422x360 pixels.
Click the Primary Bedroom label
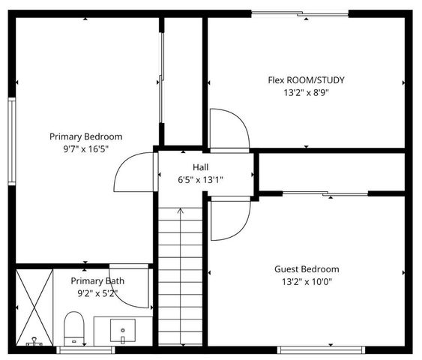(85, 136)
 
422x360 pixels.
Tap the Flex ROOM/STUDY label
(306, 80)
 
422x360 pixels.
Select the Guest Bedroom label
(307, 269)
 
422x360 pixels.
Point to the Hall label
(200, 167)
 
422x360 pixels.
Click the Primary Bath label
(97, 281)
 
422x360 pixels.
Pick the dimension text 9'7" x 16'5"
(85, 148)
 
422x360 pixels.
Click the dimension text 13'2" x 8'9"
(306, 93)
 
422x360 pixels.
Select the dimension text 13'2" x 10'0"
(307, 282)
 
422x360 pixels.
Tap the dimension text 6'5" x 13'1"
(200, 180)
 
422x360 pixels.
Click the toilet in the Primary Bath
(73, 328)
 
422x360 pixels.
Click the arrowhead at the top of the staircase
(180, 212)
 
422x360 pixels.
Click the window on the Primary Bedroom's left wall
(11, 140)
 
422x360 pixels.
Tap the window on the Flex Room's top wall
(300, 13)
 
